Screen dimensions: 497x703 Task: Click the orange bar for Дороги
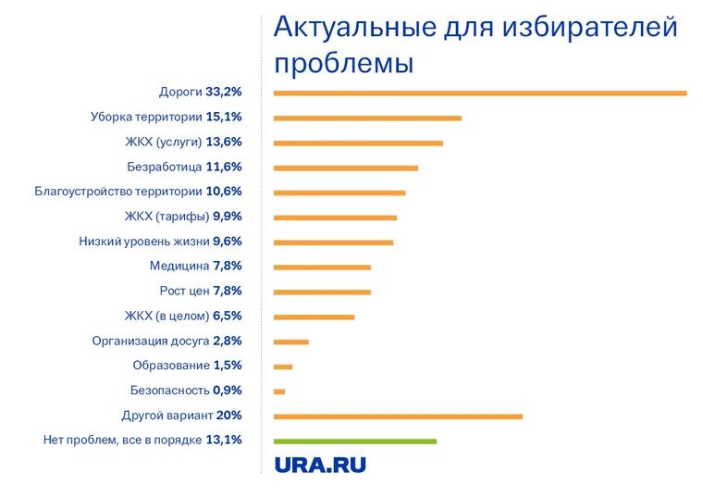pos(480,93)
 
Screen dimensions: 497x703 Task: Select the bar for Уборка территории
pos(367,118)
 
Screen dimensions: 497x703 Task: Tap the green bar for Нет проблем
pos(355,441)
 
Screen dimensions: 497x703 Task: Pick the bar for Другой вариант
pos(398,416)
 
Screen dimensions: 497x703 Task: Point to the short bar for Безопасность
pos(279,391)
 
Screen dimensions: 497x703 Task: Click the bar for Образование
pos(283,367)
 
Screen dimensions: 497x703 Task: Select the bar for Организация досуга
pos(291,342)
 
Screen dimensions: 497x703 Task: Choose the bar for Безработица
pos(346,168)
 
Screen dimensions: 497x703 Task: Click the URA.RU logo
pos(320,466)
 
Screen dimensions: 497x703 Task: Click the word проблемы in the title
pos(343,63)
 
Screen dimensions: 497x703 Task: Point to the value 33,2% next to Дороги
pos(224,92)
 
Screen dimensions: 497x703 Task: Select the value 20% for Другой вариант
pos(229,415)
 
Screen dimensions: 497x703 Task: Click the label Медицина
pos(179,266)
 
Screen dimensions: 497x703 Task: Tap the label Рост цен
pos(185,291)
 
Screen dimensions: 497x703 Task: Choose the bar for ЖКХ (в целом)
pos(314,317)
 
